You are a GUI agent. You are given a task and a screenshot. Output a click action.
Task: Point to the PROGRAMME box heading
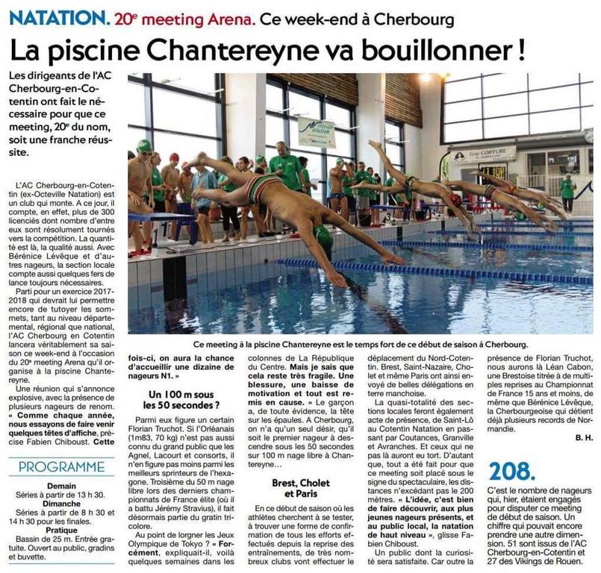coord(61,468)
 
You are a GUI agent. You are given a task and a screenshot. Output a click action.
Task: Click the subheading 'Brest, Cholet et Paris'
coord(302,489)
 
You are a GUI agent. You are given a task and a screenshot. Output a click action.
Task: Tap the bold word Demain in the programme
coord(61,485)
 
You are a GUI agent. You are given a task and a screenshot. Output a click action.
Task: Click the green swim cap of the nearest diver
coord(323,239)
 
